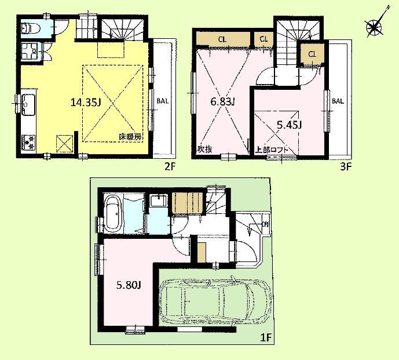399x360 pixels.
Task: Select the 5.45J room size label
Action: click(288, 124)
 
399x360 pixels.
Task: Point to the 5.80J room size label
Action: click(126, 285)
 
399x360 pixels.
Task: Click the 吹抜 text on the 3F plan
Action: click(204, 149)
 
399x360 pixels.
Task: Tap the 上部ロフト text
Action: click(273, 149)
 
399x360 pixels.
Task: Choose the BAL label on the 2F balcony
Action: click(163, 100)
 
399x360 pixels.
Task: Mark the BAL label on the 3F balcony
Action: click(338, 100)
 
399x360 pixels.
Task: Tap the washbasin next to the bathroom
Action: click(156, 201)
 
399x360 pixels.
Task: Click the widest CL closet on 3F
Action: click(222, 39)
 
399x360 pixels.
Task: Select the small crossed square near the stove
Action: click(63, 141)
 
